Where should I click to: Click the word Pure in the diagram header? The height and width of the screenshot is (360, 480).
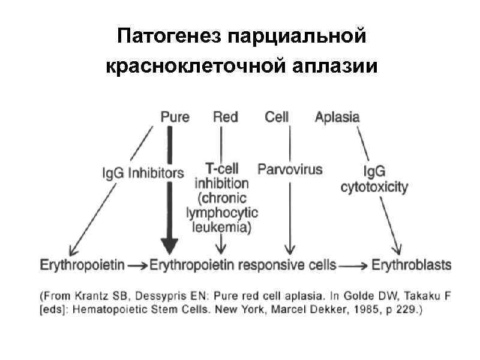[175, 117]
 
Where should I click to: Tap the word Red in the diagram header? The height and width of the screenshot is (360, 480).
[225, 117]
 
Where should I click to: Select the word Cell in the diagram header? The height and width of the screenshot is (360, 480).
[277, 117]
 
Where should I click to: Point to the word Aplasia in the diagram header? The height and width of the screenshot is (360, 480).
[337, 117]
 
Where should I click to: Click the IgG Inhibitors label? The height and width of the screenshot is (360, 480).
[143, 173]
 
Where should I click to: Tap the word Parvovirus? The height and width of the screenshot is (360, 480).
[290, 169]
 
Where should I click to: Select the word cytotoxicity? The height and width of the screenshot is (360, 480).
[374, 187]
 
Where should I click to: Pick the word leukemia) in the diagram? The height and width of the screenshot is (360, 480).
[222, 226]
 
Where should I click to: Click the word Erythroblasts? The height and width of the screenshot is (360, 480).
[412, 264]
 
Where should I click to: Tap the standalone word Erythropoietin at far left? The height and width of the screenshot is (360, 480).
[82, 264]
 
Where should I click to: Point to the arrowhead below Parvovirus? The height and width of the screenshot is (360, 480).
[290, 250]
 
